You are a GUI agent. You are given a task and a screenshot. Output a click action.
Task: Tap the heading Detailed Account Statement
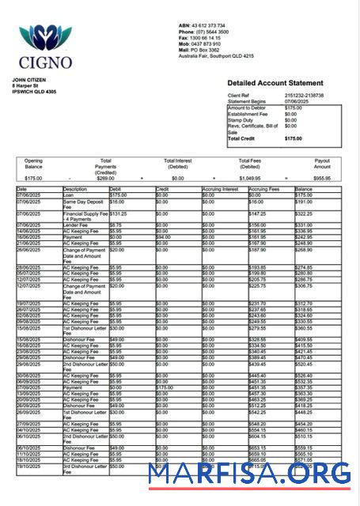pyautogui.click(x=275, y=83)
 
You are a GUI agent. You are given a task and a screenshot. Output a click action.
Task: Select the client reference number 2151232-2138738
pyautogui.click(x=305, y=95)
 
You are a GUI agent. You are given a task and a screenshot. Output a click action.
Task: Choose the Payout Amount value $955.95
pyautogui.click(x=322, y=179)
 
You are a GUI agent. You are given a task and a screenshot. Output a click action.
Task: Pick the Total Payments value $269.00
pyautogui.click(x=105, y=179)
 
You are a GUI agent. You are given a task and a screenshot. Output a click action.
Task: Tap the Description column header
pyautogui.click(x=75, y=190)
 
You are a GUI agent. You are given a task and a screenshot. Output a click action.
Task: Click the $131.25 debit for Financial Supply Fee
pyautogui.click(x=118, y=213)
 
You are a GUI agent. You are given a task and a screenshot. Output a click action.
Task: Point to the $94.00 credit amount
pyautogui.click(x=164, y=236)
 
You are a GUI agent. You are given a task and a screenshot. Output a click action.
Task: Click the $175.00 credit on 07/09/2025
pyautogui.click(x=165, y=387)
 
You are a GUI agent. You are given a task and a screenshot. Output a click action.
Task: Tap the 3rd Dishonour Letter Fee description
pyautogui.click(x=83, y=469)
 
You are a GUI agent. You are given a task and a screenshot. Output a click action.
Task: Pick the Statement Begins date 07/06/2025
pyautogui.click(x=299, y=101)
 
